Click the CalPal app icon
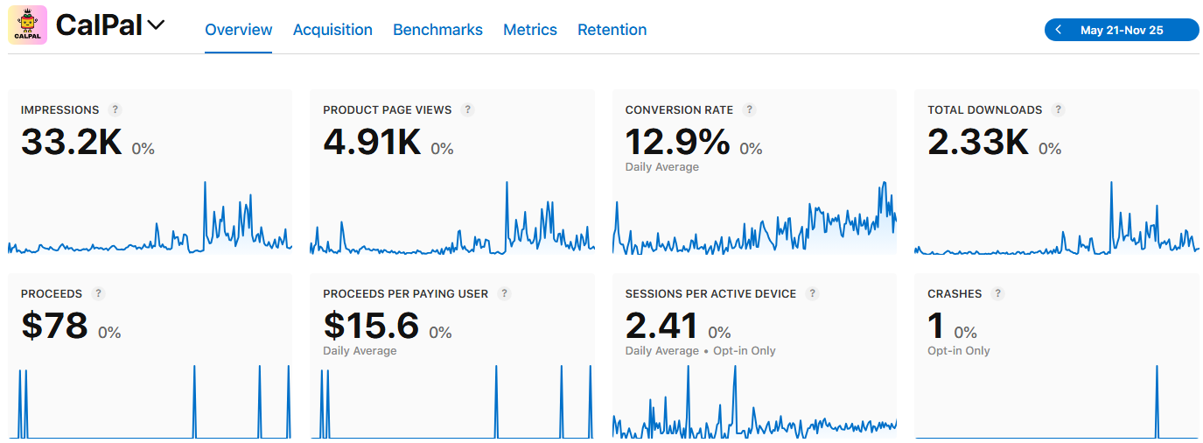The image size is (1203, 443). [x=27, y=25]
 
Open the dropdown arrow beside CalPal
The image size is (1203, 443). [x=156, y=25]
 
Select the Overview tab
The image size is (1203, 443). [x=239, y=30]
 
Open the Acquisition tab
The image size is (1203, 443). [x=332, y=30]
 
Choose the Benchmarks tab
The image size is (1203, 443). [x=437, y=30]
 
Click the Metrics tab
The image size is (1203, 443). [x=530, y=30]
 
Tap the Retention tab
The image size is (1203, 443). [x=612, y=30]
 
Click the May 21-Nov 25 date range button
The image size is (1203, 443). [x=1122, y=30]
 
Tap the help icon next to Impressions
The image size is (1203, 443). [x=115, y=109]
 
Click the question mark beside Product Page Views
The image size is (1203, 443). [x=468, y=109]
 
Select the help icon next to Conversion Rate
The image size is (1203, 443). [x=749, y=109]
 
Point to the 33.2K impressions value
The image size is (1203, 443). [x=72, y=142]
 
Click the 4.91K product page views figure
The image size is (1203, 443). [x=372, y=142]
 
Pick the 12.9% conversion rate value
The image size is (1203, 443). [x=677, y=142]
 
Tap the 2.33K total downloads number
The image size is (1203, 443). [x=978, y=142]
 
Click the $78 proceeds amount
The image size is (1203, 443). [x=54, y=326]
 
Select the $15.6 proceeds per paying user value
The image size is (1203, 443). [x=371, y=326]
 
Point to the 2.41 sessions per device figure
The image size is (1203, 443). [x=661, y=326]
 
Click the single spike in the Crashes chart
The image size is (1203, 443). [x=1157, y=402]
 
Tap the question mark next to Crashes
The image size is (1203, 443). [x=998, y=293]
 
